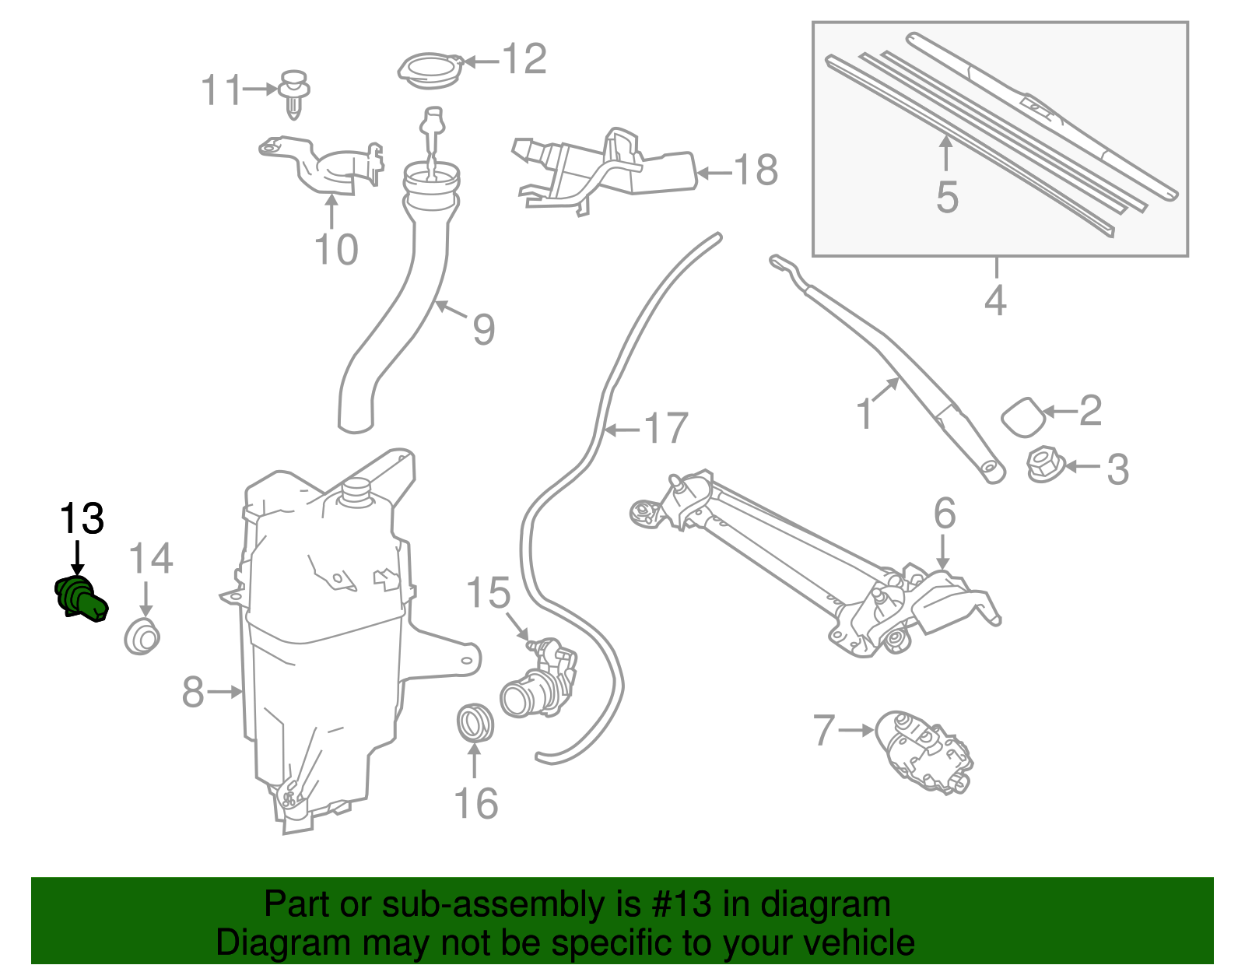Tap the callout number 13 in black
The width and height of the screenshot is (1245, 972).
82,519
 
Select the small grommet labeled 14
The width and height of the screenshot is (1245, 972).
142,636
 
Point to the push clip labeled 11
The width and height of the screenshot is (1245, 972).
293,93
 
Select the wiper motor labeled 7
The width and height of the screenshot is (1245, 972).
924,752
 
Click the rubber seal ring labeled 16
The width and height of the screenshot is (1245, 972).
475,723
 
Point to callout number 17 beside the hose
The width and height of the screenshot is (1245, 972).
667,429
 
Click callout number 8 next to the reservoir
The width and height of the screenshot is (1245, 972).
193,691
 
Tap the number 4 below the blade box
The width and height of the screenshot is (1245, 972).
995,300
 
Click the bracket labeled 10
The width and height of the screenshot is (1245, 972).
323,167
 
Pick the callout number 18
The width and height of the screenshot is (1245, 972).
756,170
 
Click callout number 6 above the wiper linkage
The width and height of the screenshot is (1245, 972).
945,514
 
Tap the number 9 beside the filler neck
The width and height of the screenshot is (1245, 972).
484,330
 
